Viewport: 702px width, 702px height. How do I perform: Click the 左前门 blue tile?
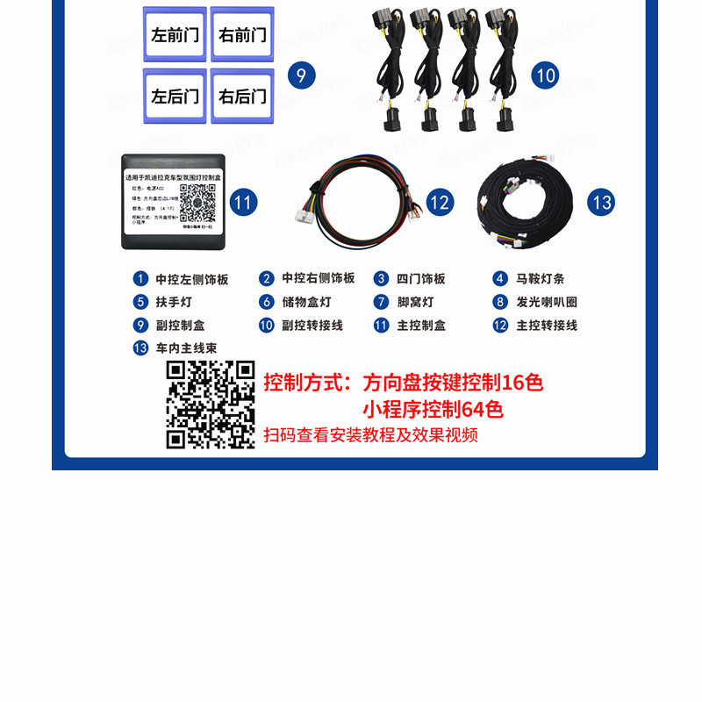[x=175, y=35]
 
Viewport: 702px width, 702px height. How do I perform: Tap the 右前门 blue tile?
[x=242, y=35]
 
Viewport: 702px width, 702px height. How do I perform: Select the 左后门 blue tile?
[x=175, y=96]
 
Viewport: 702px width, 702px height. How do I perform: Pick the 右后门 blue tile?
[x=242, y=96]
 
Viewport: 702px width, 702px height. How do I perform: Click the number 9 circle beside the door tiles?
[x=300, y=75]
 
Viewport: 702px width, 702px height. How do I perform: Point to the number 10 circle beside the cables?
[x=545, y=75]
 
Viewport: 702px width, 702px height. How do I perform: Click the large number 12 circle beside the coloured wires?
[x=440, y=203]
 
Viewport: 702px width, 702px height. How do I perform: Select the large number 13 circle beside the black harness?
[x=601, y=203]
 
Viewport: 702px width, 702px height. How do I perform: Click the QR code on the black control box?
[x=197, y=202]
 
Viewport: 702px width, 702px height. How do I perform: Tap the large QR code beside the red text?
[x=211, y=405]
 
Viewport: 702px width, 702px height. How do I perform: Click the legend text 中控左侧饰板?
[x=191, y=279]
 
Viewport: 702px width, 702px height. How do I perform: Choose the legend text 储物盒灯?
[x=306, y=302]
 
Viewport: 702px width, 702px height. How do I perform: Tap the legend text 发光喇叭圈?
[x=546, y=302]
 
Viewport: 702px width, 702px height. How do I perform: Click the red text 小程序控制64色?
[x=433, y=409]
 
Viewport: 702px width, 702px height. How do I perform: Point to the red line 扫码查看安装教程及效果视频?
[x=371, y=435]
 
